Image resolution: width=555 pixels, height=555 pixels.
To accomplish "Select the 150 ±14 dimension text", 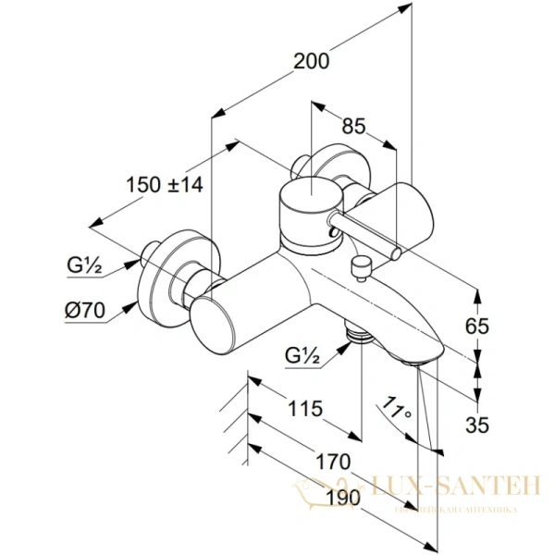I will (x=164, y=184).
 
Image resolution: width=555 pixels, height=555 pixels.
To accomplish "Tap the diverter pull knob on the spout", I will (x=361, y=267).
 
